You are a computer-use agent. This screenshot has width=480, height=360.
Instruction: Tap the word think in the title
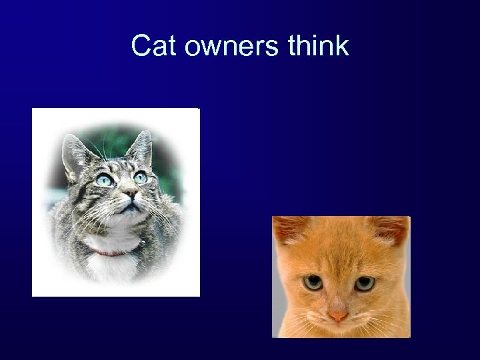[319, 46]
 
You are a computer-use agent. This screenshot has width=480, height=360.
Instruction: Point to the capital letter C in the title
[141, 46]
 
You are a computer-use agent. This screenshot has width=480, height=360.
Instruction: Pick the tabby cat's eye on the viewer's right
[140, 177]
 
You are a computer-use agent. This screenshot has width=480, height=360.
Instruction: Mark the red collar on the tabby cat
[110, 253]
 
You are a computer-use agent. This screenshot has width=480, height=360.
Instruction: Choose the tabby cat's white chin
[128, 217]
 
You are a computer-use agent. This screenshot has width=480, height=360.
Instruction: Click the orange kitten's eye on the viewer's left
[313, 283]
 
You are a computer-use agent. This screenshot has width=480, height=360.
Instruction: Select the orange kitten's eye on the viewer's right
[364, 283]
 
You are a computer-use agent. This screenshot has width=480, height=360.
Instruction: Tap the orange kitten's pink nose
[338, 315]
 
